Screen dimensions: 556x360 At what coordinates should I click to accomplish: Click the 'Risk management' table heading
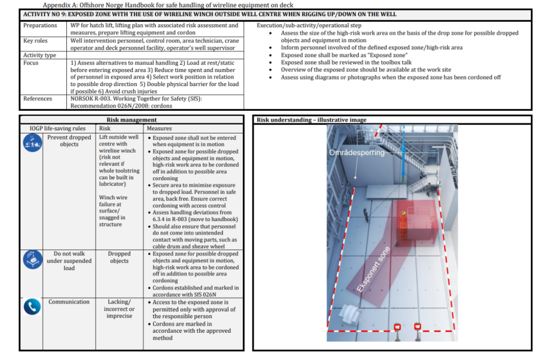132,120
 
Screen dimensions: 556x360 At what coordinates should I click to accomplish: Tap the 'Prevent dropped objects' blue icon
32,143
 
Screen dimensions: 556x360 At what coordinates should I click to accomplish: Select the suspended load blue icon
32,259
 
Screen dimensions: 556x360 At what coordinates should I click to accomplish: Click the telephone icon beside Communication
32,307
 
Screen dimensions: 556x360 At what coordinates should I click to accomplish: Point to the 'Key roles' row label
36,41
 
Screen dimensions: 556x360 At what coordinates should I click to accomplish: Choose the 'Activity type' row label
40,55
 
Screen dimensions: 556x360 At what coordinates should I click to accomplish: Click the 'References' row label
38,98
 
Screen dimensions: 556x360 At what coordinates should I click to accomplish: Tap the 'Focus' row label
31,63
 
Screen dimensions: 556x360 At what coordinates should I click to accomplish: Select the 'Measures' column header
159,128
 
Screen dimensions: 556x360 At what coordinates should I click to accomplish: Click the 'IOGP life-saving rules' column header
58,128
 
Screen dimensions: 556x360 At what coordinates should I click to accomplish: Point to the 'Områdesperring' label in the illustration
357,152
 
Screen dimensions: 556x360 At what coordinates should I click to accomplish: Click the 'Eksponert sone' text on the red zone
373,269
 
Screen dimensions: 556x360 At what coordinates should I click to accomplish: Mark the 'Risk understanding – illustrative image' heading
311,120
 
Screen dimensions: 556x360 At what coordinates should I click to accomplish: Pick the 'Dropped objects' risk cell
119,257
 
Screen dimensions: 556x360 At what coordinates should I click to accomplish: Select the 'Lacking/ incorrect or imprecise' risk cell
119,308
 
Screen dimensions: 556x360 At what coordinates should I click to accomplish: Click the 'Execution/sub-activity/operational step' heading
309,26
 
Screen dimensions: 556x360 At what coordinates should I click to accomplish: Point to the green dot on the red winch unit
404,213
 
